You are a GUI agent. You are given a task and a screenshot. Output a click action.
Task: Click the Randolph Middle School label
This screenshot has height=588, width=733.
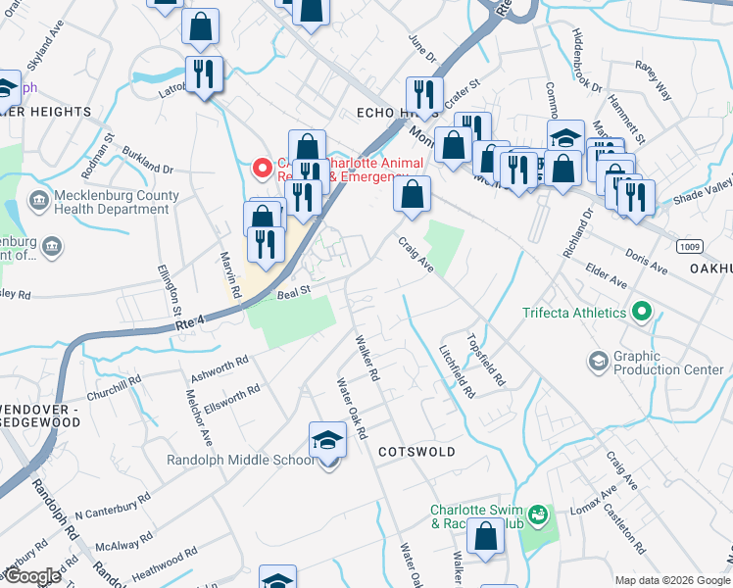point(241,460)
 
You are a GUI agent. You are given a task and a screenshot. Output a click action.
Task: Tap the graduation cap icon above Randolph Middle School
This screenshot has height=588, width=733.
point(327,441)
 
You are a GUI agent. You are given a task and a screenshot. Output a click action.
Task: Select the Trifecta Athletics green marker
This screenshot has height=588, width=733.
point(642,313)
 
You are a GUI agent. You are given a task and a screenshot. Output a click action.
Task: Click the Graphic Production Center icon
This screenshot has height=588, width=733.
point(598,363)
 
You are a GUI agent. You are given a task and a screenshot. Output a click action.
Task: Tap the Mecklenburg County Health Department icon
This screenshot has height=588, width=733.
point(38,202)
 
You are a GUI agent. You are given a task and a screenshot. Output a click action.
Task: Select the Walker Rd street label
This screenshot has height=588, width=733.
point(366,358)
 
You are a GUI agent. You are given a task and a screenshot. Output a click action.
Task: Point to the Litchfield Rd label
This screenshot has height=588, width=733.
point(458,371)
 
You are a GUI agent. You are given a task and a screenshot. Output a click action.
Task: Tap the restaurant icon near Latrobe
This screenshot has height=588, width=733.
point(205,75)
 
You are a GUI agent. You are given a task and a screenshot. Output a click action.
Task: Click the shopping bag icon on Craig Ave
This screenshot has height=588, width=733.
point(413,193)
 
